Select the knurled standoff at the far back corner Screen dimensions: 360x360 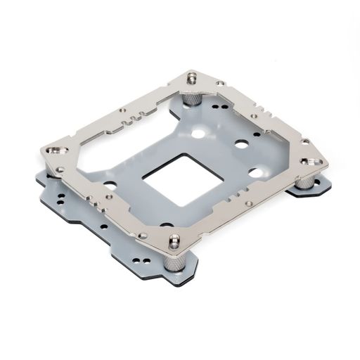click(191, 99)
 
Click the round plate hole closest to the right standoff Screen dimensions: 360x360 click(257, 172)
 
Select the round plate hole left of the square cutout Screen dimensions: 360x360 click(110, 185)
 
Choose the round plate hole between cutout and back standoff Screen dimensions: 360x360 click(199, 133)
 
